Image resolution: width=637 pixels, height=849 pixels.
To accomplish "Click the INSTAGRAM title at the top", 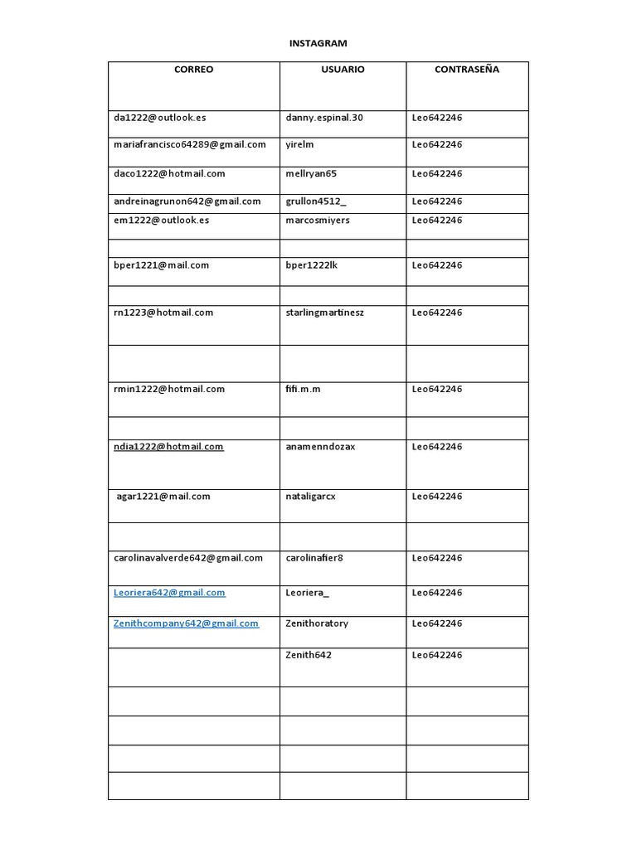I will [318, 43].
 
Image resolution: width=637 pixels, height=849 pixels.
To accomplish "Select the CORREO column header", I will [193, 70].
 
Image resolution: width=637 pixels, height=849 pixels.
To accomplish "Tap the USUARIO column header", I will [343, 70].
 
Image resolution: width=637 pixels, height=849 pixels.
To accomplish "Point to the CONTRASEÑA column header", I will [467, 70].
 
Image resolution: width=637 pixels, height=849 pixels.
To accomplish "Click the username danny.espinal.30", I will [324, 118].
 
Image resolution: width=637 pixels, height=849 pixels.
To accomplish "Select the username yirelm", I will [299, 144].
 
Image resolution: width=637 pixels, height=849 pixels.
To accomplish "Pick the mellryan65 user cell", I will [312, 173].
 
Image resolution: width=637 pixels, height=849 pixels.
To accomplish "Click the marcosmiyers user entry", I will [318, 220].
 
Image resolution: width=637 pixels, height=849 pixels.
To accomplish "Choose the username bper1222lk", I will [312, 265].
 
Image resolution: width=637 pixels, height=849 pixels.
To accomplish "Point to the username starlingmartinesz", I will [324, 313].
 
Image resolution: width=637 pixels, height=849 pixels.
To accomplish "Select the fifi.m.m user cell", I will [303, 389].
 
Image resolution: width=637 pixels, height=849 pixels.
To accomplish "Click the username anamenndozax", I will [320, 446].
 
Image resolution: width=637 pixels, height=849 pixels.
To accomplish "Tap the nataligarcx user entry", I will [310, 496].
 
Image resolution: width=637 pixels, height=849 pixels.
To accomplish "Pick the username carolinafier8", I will [314, 558].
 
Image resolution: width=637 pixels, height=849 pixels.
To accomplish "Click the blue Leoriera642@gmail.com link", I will [169, 593].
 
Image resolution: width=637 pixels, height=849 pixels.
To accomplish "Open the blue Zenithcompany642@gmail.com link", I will [186, 623].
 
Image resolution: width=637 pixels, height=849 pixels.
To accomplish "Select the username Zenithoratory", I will [317, 623].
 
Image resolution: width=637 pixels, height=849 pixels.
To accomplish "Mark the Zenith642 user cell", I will [309, 655].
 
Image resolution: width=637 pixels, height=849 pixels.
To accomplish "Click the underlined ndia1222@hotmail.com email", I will [168, 446].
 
